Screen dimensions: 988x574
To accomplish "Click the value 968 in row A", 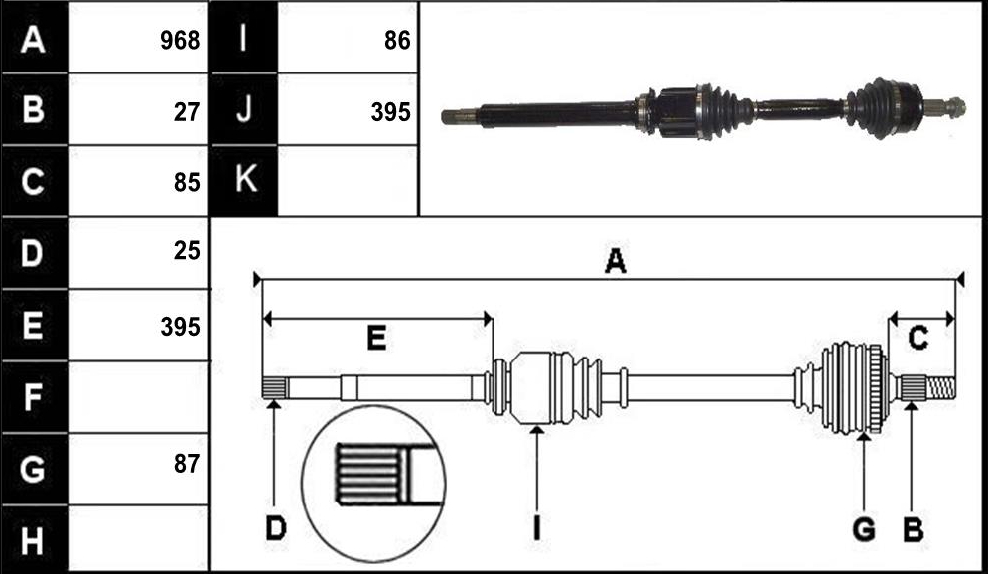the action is pyautogui.click(x=180, y=41).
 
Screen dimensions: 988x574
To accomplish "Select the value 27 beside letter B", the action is pyautogui.click(x=187, y=112).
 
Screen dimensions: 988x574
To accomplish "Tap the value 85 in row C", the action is pyautogui.click(x=187, y=182).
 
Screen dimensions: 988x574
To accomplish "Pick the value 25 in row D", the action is pyautogui.click(x=187, y=251).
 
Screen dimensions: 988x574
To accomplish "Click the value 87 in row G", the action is pyautogui.click(x=187, y=464).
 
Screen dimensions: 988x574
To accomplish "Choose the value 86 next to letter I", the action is pyautogui.click(x=397, y=41).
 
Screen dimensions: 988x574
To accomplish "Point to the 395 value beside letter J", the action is pyautogui.click(x=390, y=112).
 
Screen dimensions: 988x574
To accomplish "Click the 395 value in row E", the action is pyautogui.click(x=180, y=327).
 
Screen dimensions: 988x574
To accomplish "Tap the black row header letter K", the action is pyautogui.click(x=245, y=179).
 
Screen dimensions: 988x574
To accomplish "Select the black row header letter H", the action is pyautogui.click(x=33, y=540).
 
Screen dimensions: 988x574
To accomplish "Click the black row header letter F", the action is pyautogui.click(x=33, y=397).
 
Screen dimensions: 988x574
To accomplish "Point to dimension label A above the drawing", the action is pyautogui.click(x=615, y=261).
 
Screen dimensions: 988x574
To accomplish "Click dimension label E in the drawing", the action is pyautogui.click(x=376, y=339).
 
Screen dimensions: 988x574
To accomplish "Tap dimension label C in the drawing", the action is pyautogui.click(x=917, y=339).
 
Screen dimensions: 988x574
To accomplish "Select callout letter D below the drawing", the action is pyautogui.click(x=276, y=528).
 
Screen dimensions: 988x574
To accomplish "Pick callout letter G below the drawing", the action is pyautogui.click(x=864, y=529).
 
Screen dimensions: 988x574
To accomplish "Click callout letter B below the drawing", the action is pyautogui.click(x=913, y=529).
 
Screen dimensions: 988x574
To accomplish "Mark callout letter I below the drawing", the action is pyautogui.click(x=536, y=528).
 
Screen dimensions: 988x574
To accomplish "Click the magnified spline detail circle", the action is pyautogui.click(x=303, y=484).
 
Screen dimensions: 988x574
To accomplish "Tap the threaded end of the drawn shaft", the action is pyautogui.click(x=940, y=387).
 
